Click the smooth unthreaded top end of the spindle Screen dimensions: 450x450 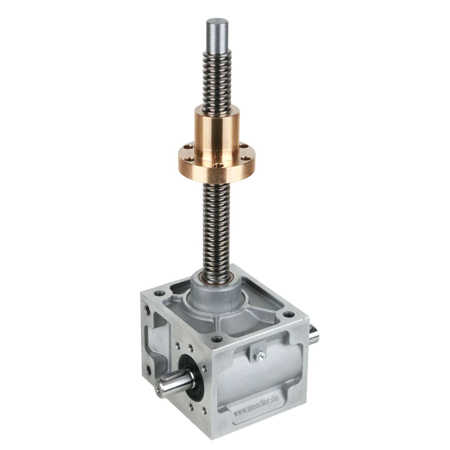pyautogui.click(x=216, y=36)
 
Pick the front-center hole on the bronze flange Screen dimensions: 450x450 pyautogui.click(x=220, y=165)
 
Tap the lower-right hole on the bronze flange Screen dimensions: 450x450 pyautogui.click(x=246, y=158)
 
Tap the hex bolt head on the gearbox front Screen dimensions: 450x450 pyautogui.click(x=259, y=356)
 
